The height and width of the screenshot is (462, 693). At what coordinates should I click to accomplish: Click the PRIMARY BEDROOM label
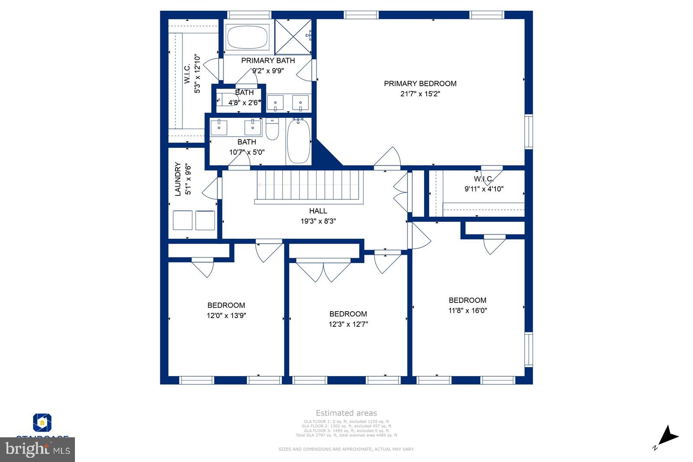(420, 84)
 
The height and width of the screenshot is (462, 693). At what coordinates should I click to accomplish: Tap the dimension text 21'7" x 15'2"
(420, 94)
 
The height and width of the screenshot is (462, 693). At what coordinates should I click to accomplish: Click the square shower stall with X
(293, 36)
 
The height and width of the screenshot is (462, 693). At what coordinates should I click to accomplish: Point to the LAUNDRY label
(178, 179)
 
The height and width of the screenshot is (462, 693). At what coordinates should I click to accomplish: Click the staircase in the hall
(309, 185)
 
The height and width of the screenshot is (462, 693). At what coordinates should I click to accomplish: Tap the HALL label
(318, 211)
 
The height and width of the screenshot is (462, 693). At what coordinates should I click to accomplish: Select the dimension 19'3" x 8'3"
(318, 221)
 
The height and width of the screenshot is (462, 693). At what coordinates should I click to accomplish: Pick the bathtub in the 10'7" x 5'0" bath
(299, 141)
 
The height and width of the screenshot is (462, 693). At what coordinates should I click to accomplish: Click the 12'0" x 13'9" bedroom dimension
(226, 316)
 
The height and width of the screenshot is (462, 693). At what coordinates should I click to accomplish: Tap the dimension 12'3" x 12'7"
(348, 324)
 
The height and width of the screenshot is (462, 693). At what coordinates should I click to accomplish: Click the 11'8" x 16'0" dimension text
(468, 310)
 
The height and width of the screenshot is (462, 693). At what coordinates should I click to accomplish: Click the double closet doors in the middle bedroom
(323, 270)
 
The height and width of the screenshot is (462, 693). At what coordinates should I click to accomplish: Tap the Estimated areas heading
(346, 413)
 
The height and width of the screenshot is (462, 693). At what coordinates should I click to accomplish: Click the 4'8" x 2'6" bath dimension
(244, 103)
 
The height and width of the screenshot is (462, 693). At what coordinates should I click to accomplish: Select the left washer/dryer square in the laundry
(182, 220)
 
